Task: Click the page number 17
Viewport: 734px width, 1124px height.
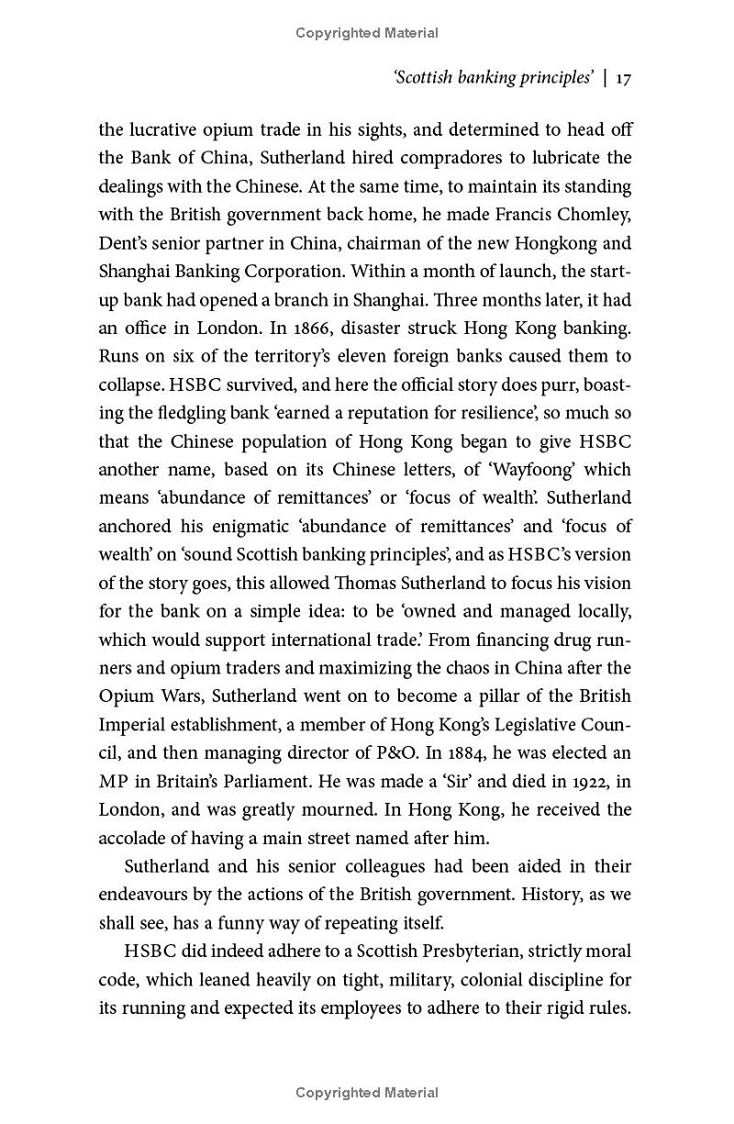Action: [623, 79]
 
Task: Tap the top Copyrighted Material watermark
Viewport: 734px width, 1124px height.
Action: [367, 33]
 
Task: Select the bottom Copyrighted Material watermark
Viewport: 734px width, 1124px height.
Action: [367, 1093]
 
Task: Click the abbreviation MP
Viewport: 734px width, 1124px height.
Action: [114, 781]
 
